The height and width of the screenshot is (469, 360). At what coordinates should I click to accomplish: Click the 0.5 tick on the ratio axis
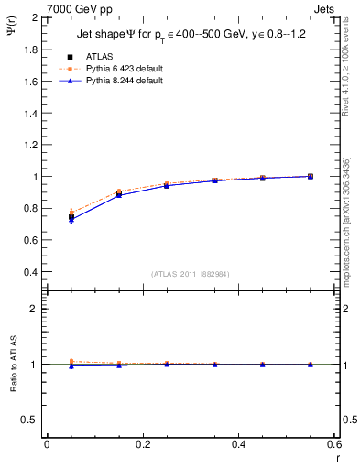click(29, 420)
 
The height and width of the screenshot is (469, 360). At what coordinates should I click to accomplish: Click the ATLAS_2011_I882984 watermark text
click(190, 274)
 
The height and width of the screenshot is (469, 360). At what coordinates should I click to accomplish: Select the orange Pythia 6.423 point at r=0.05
click(71, 212)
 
